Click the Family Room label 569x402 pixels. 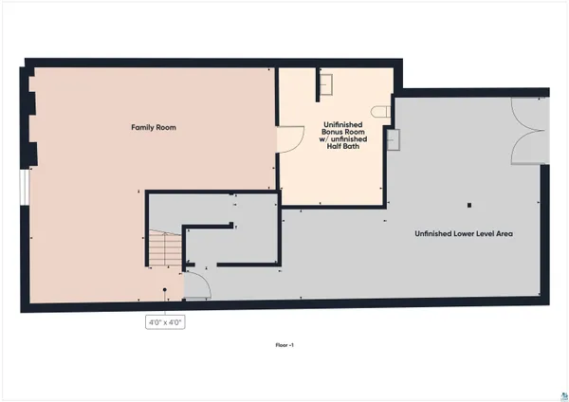(154, 127)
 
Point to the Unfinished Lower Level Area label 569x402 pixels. (464, 233)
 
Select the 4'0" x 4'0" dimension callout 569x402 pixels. (164, 322)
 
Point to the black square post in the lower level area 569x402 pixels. (468, 204)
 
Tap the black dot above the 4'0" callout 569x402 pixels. (165, 290)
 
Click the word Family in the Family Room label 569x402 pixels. (142, 127)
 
